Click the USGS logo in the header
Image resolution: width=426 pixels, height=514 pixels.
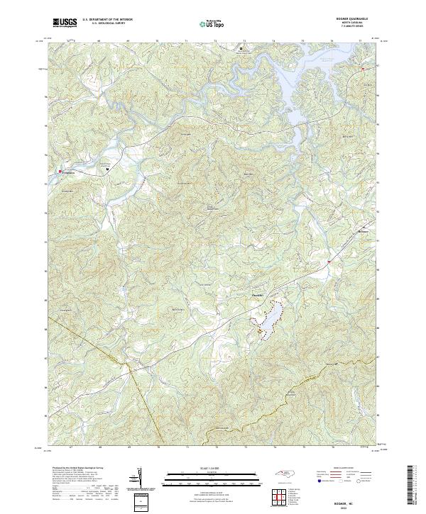click(x=65, y=23)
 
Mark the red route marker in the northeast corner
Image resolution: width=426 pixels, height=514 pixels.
click(x=362, y=69)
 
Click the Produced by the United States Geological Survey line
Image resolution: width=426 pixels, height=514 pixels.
click(x=76, y=468)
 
